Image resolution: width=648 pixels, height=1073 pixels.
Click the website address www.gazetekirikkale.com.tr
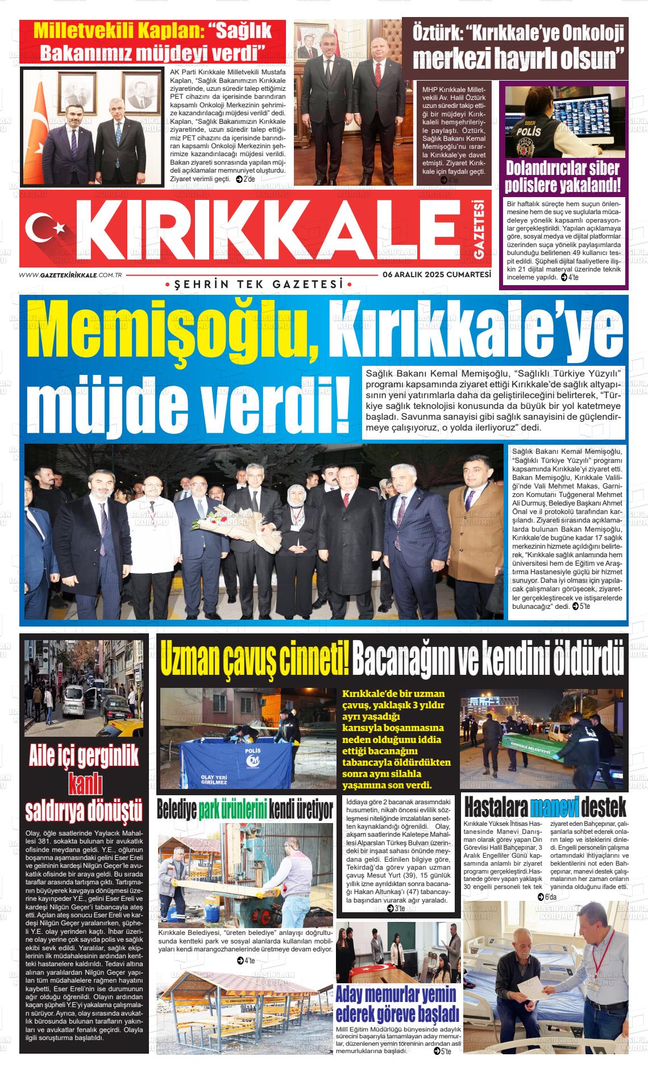[x=72, y=274]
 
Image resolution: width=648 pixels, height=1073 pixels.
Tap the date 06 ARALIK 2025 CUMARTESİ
[x=437, y=274]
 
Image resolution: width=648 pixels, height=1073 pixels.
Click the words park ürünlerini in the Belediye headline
[x=232, y=810]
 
